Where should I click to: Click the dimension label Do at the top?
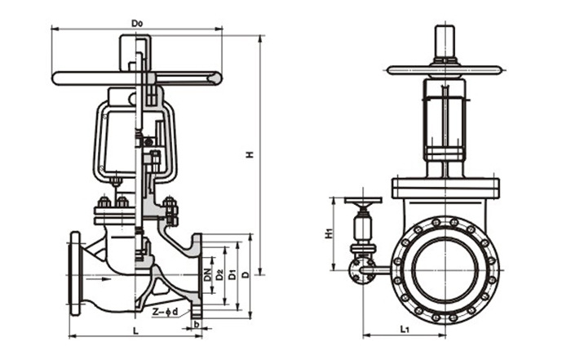[137, 23]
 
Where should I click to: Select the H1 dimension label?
[327, 233]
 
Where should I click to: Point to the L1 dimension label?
[405, 328]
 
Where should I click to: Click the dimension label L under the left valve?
[134, 330]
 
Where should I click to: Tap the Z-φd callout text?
[166, 312]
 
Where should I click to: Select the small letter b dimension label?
[197, 324]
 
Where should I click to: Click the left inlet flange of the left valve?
[76, 274]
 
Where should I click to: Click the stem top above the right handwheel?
[445, 42]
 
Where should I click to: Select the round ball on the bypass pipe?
[357, 270]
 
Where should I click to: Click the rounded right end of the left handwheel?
[215, 78]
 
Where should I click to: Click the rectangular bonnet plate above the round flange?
[445, 187]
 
